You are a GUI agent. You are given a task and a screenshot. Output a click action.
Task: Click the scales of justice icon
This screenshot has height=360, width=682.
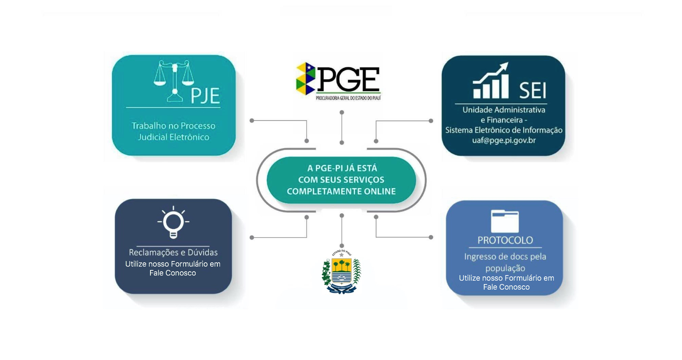174,81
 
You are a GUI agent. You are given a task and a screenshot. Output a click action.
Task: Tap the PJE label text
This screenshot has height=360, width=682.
205,96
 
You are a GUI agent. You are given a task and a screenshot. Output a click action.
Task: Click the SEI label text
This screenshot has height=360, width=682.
532,90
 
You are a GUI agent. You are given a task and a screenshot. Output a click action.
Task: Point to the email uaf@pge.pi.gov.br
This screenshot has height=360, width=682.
504,140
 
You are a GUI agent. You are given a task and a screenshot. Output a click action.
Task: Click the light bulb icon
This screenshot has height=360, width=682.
173,223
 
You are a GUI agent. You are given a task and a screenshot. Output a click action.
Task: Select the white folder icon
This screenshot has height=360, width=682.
505,221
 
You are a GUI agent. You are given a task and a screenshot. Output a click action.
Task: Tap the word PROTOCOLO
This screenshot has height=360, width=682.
505,240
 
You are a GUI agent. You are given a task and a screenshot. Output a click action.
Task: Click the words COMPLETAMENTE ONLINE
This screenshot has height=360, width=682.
341,192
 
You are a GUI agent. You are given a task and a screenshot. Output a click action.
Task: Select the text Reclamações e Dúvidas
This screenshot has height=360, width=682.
173,253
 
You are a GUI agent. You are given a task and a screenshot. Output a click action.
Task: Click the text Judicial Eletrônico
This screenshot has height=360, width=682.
173,137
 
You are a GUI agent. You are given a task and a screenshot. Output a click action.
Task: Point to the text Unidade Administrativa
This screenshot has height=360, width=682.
504,110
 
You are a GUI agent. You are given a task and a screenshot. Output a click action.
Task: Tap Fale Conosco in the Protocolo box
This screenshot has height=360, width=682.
506,287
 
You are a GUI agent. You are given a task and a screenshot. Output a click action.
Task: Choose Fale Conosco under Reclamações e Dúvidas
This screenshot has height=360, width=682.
173,273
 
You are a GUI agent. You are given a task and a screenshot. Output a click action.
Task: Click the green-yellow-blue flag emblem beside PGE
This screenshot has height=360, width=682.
306,78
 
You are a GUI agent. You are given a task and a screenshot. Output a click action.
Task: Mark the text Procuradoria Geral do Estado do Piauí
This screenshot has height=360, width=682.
348,98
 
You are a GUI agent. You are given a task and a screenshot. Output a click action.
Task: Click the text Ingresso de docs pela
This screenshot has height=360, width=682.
505,257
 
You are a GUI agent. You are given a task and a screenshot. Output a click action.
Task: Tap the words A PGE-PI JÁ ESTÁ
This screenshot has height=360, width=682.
342,168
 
